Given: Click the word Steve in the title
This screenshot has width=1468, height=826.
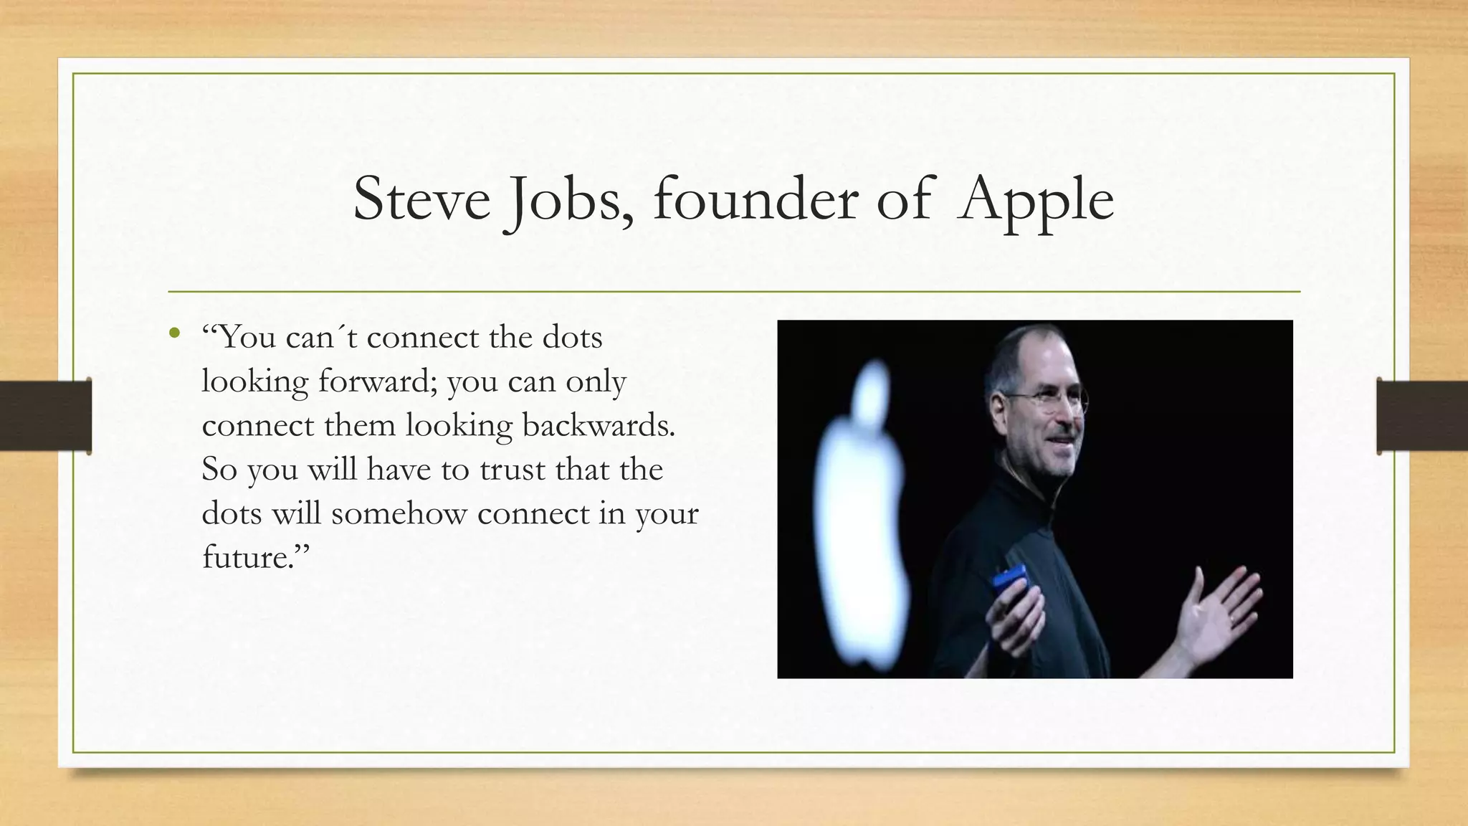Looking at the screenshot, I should pos(421,199).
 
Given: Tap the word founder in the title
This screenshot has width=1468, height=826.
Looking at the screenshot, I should pos(756,199).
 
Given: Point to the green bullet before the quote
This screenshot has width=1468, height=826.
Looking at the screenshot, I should pos(174,333).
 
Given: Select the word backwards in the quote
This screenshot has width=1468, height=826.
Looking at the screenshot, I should pos(598,425).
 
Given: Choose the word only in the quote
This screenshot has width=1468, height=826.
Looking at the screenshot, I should pos(596,382).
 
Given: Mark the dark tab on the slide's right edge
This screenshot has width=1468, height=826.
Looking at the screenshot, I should pos(1422,416).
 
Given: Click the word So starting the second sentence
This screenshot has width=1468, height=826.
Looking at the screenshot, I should pos(219,470).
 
